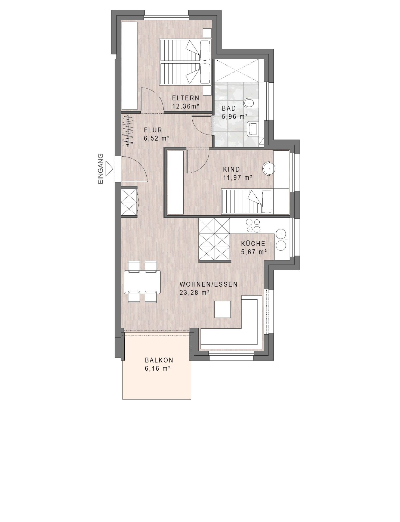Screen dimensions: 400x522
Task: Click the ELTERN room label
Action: pyautogui.click(x=186, y=98)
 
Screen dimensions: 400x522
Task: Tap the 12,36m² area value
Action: pyautogui.click(x=186, y=106)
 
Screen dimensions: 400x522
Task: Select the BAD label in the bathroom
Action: pyautogui.click(x=229, y=108)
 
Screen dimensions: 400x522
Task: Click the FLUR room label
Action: pyautogui.click(x=153, y=130)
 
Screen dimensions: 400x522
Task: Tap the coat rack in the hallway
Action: pyautogui.click(x=128, y=131)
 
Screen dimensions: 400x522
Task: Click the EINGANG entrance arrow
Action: pyautogui.click(x=110, y=168)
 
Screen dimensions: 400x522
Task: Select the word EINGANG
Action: pyautogui.click(x=101, y=169)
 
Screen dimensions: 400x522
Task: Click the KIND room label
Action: pyautogui.click(x=232, y=169)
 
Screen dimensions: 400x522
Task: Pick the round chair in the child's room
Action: pyautogui.click(x=269, y=169)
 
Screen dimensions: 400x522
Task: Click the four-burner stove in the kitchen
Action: pyautogui.click(x=253, y=226)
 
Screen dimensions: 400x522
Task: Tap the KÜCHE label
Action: pyautogui.click(x=253, y=243)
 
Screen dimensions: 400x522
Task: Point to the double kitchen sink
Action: pyautogui.click(x=281, y=240)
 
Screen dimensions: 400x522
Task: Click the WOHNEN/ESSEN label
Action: pyautogui.click(x=209, y=284)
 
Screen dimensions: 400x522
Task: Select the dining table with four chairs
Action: pyautogui.click(x=142, y=282)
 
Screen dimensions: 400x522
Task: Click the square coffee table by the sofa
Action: pyautogui.click(x=223, y=309)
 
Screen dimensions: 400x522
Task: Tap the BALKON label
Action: pyautogui.click(x=159, y=360)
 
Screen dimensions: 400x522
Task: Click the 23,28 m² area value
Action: pyautogui.click(x=194, y=293)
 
